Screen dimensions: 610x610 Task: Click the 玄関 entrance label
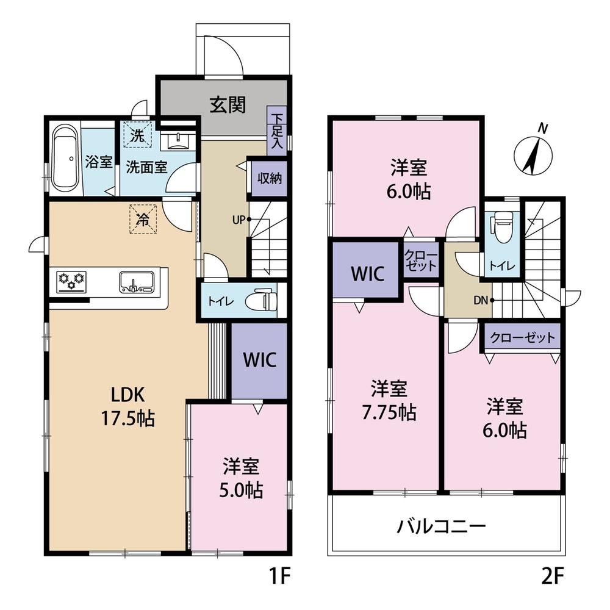pos(228,105)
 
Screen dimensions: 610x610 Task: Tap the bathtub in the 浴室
pos(65,159)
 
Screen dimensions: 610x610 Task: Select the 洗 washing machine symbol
pos(137,135)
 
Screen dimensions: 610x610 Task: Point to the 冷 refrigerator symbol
pos(143,220)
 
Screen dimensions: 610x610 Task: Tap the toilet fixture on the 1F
pos(262,300)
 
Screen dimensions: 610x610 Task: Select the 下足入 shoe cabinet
pos(277,131)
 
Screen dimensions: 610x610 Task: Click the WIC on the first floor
pos(259,361)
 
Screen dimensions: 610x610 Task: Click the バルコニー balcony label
pos(441,527)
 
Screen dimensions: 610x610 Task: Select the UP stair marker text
pos(239,220)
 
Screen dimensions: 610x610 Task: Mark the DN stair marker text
pos(481,300)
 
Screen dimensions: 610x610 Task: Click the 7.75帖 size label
pos(389,413)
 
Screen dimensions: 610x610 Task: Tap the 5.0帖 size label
pos(241,490)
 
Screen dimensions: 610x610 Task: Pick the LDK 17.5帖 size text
pos(128,407)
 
